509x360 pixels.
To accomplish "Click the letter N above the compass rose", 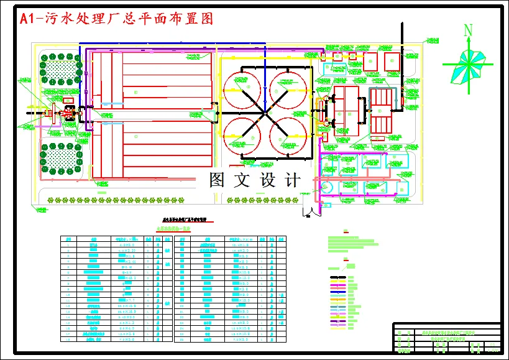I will click(468, 30).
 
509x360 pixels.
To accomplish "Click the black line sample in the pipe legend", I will click(338, 277).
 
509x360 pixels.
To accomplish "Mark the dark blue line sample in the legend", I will click(338, 291).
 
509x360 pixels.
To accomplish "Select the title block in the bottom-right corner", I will click(446, 338).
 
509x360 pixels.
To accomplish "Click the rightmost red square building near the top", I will click(392, 61).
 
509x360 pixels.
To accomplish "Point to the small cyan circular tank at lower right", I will click(328, 187).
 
